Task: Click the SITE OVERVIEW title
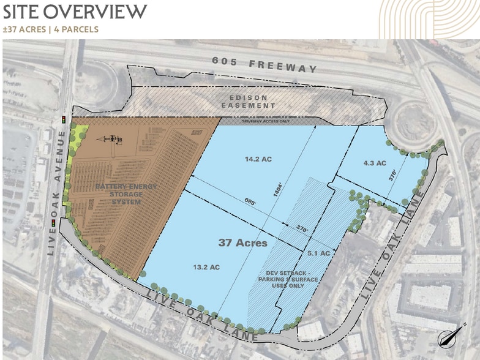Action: click(75, 11)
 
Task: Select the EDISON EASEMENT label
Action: click(248, 102)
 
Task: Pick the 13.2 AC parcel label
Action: click(206, 267)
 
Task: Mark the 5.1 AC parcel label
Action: click(318, 253)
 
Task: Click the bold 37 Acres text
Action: click(243, 243)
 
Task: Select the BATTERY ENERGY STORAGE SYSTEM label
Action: click(125, 194)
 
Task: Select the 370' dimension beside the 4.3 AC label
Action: click(393, 174)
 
